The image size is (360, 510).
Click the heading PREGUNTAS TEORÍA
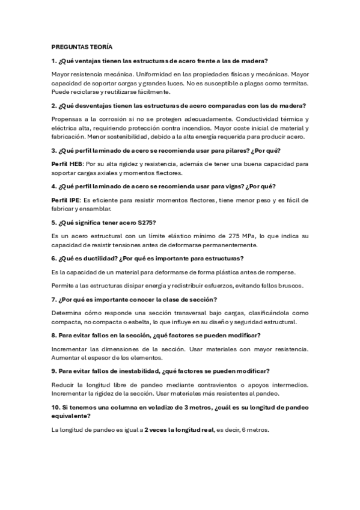[78, 46]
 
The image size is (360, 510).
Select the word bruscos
[290, 285]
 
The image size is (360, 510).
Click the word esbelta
[132, 322]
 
